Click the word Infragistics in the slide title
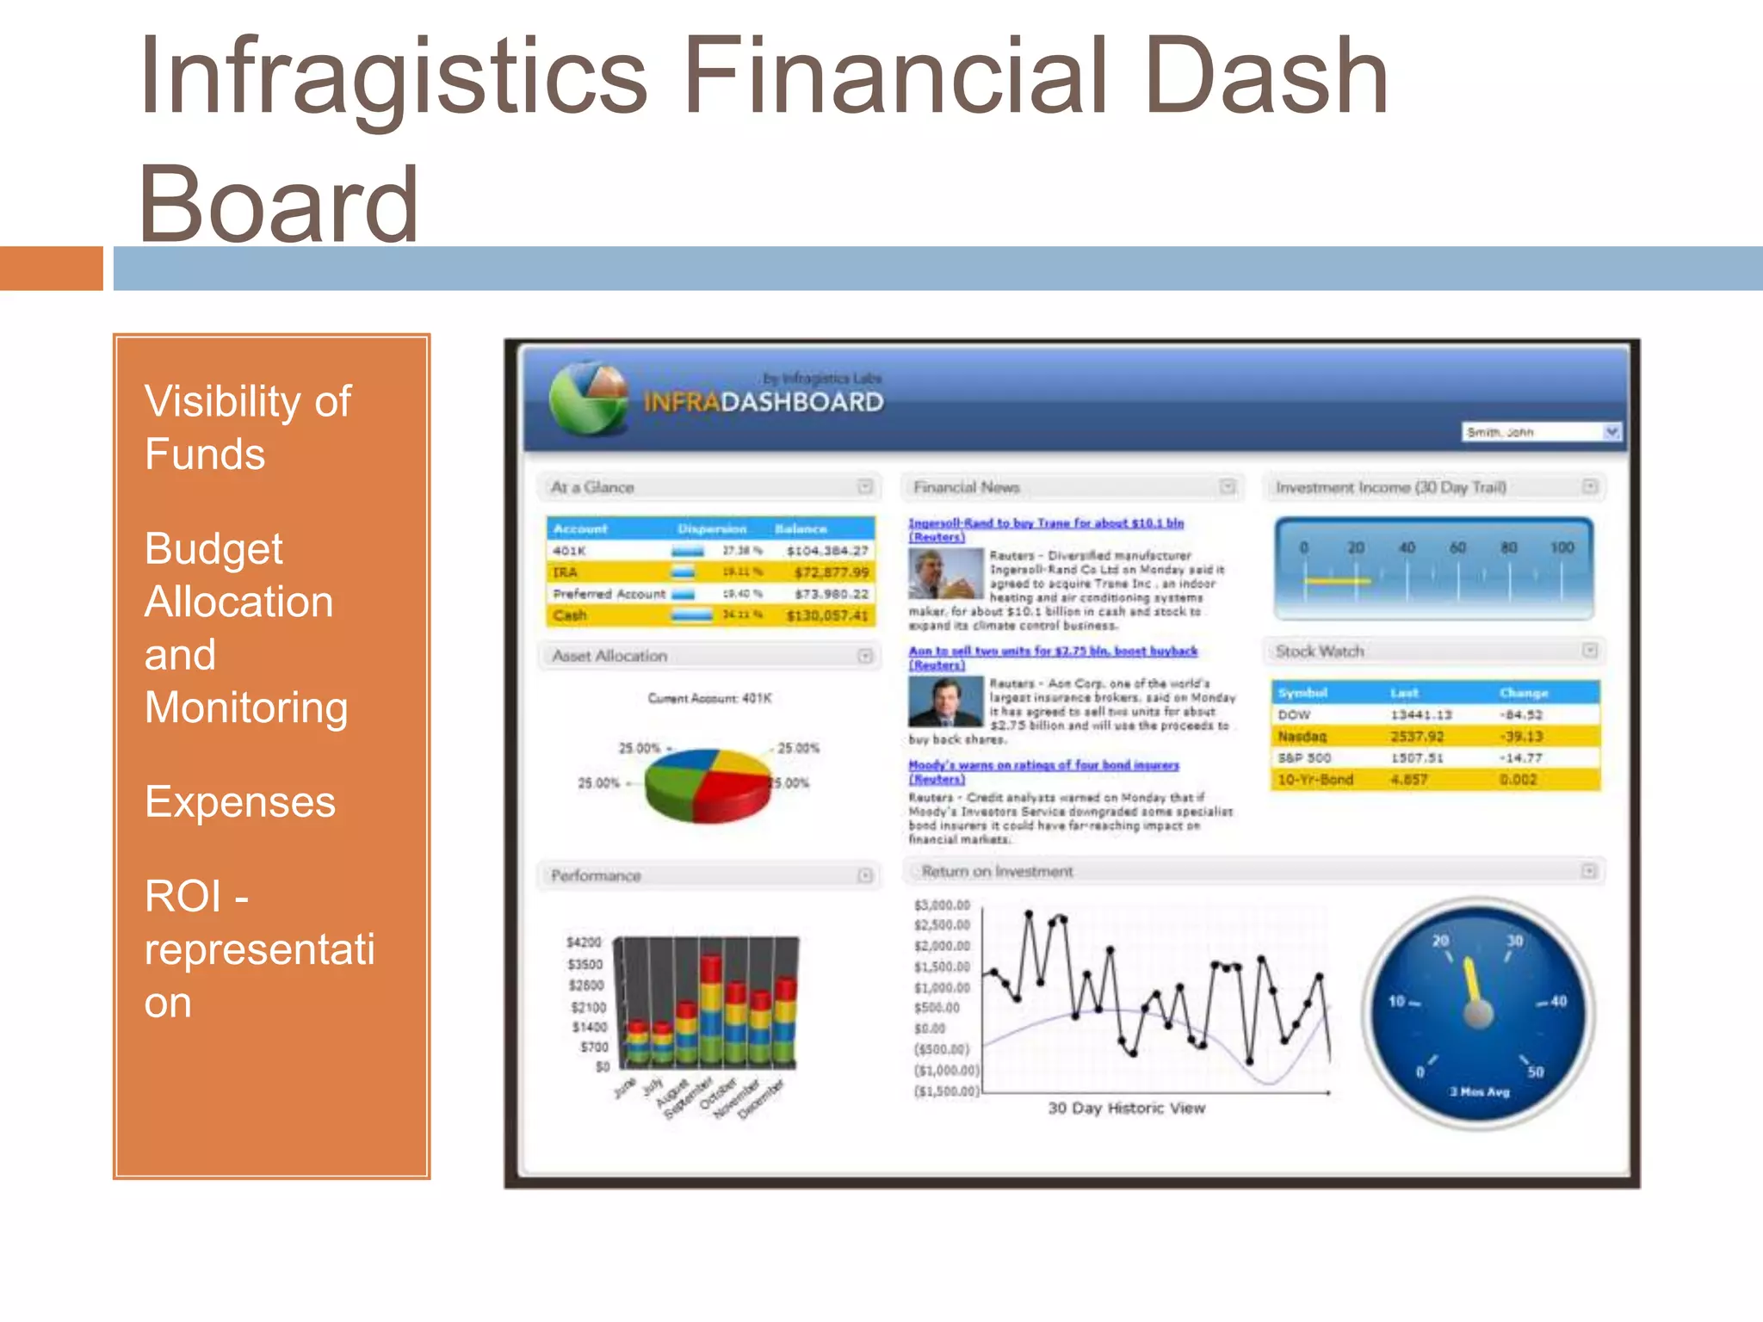[x=392, y=77]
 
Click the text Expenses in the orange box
[x=239, y=802]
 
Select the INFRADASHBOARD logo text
[x=763, y=402]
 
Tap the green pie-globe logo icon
[x=590, y=398]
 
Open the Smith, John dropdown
[x=1611, y=431]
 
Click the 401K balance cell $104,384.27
[x=826, y=551]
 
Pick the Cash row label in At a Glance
[x=570, y=615]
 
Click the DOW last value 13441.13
[x=1420, y=715]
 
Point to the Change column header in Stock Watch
[x=1523, y=693]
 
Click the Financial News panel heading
[x=966, y=487]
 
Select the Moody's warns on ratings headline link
[x=1043, y=765]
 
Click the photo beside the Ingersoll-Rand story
[x=945, y=574]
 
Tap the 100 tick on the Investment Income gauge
[x=1562, y=548]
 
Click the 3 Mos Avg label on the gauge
[x=1479, y=1091]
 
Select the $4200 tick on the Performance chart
[x=584, y=943]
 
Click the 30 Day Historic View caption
[x=1126, y=1109]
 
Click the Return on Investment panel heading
[x=997, y=872]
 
